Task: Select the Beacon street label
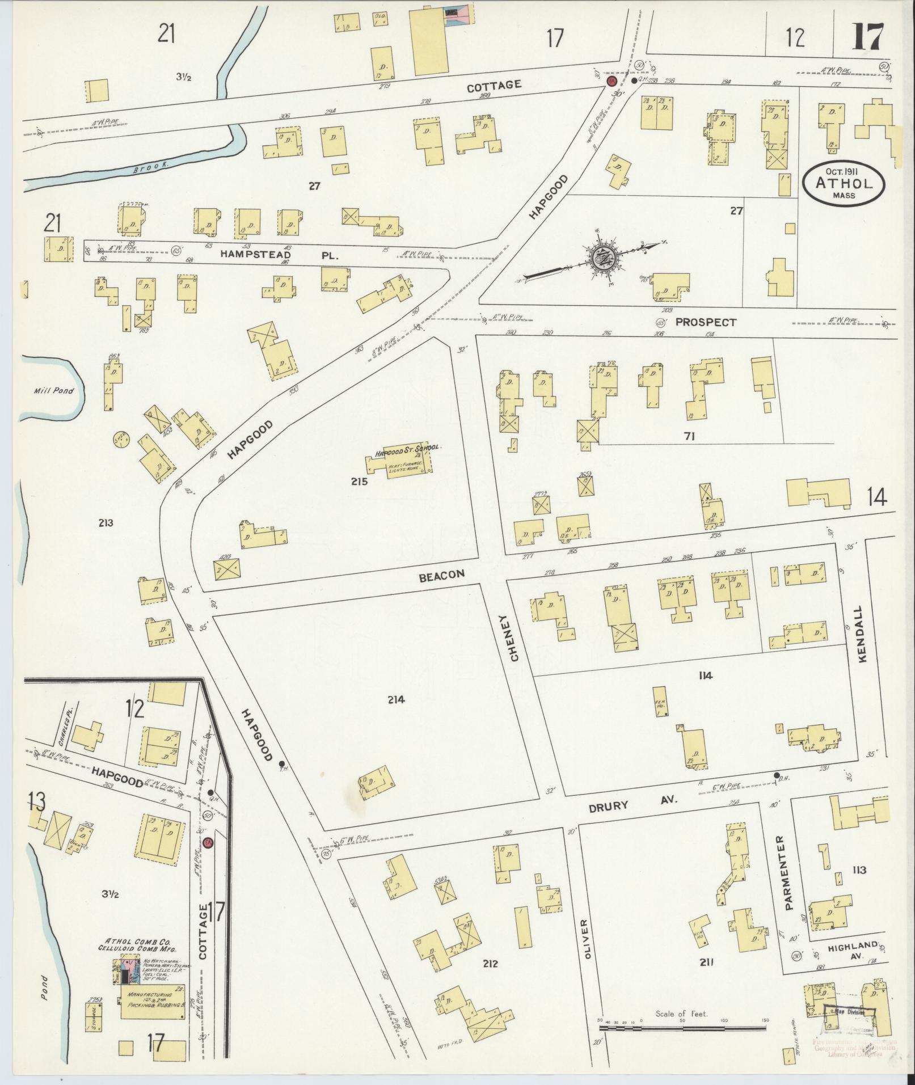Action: point(442,575)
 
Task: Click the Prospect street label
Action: point(706,322)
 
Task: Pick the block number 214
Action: point(395,700)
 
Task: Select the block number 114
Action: point(706,675)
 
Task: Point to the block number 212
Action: point(490,963)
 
